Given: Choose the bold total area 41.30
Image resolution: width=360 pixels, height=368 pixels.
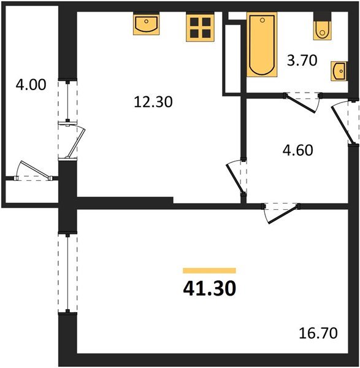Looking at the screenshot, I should tap(209, 288).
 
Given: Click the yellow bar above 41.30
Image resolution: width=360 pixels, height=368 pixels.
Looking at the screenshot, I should tap(209, 270).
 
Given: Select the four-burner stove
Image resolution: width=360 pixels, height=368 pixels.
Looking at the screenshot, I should tap(200, 28).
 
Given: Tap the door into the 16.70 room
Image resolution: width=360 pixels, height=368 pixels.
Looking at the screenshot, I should tap(278, 213).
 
